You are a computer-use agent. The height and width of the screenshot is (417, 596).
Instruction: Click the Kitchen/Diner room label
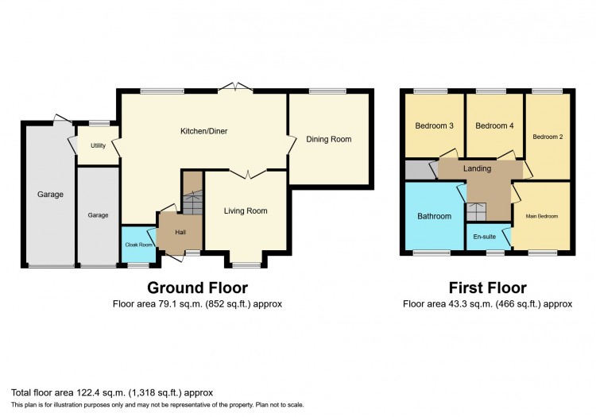[x=203, y=131]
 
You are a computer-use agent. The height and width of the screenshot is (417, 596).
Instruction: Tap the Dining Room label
[x=329, y=139]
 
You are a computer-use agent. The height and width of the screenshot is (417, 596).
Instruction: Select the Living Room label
[x=246, y=210]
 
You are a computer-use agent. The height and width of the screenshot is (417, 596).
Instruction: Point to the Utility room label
[x=98, y=145]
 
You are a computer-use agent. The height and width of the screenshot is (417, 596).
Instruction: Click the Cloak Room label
[x=139, y=245]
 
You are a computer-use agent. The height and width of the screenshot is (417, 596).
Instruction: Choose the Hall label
[x=180, y=232]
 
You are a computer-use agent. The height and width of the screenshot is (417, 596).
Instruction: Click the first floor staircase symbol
[x=476, y=212]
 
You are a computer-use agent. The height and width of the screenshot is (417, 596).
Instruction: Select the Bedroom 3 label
[x=434, y=125]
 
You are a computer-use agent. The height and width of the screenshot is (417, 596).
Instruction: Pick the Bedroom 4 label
[x=494, y=125]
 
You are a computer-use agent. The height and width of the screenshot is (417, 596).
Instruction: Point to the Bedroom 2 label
[x=548, y=137]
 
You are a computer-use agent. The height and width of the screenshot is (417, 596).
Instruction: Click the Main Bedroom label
[x=542, y=216]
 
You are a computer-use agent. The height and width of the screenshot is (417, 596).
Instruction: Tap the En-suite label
[x=485, y=237]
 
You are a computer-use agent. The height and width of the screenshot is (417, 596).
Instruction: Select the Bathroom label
[x=435, y=216]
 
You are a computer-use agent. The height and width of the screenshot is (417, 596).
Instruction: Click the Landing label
[x=477, y=168]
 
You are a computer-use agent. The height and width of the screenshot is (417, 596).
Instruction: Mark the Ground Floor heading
[x=198, y=288]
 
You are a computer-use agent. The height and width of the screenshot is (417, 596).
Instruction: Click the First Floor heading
[x=488, y=288]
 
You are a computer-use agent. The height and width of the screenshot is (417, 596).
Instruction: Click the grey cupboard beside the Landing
[x=420, y=170]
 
